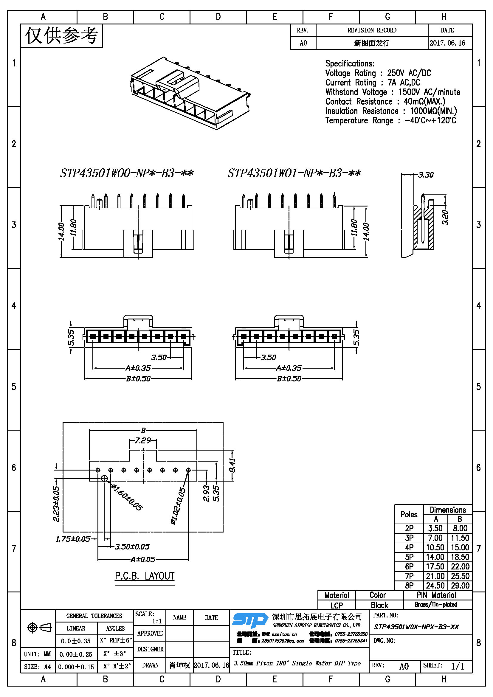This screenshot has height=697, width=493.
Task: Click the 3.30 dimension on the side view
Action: coord(426,175)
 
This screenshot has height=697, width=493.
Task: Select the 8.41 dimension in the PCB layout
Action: coord(232,465)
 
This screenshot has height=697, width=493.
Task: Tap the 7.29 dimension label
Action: coord(143,440)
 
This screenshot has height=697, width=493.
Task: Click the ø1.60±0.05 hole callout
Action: coord(127,497)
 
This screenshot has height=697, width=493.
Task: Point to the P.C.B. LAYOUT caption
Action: coord(145,576)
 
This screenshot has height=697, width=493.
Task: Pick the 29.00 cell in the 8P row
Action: coord(460,586)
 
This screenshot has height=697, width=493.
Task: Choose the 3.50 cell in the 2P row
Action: coord(435,529)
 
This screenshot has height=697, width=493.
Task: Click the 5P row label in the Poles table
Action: coord(409,557)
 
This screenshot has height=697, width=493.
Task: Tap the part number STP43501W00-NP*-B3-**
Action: coord(127,173)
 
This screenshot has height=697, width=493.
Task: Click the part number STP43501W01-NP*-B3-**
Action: coord(294,173)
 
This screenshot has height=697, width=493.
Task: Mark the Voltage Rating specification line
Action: coord(378,73)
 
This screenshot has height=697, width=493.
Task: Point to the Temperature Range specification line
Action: coord(390,120)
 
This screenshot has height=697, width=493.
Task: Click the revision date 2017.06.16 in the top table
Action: coord(447,43)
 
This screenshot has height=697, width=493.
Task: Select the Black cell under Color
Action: coord(379,605)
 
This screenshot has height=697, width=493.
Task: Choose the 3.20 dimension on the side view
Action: coord(445,217)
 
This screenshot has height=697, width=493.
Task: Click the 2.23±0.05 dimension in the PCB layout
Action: coord(56,504)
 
